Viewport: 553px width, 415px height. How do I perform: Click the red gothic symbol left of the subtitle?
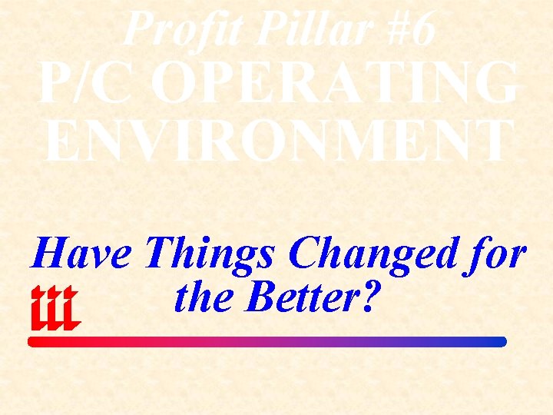pyautogui.click(x=55, y=308)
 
